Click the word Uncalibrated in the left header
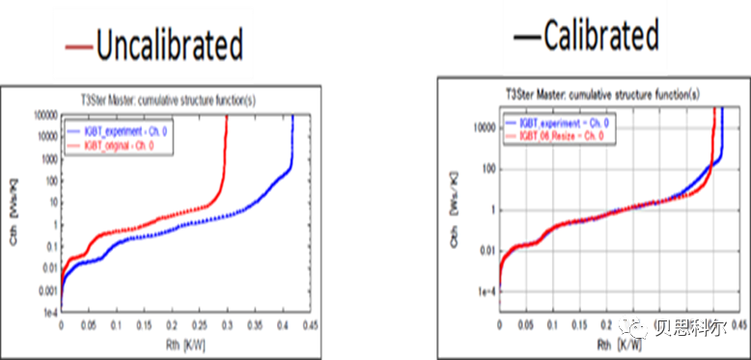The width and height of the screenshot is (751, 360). coord(168,45)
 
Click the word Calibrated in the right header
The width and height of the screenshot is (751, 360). coord(599,38)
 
